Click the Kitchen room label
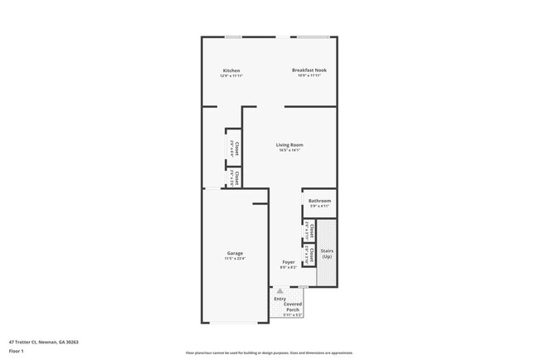tap(231, 71)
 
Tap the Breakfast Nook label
tap(308, 71)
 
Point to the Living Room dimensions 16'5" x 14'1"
tap(289, 151)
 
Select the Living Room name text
tap(289, 145)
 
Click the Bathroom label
tap(320, 201)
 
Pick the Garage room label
tap(235, 253)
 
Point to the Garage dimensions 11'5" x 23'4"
tap(235, 259)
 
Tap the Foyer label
tap(289, 262)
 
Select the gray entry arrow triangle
tap(281, 291)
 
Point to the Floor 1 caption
tap(17, 351)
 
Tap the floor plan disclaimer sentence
tap(269, 353)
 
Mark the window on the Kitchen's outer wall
tap(234, 36)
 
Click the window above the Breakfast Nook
tap(312, 36)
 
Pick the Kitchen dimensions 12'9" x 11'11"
tap(231, 76)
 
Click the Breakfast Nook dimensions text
tap(308, 76)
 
